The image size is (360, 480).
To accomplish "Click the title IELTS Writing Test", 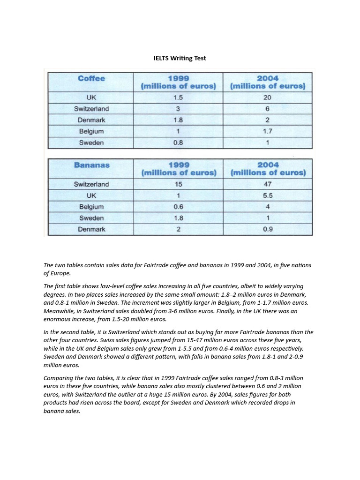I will (x=180, y=58).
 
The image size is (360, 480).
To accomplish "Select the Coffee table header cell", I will (x=91, y=78).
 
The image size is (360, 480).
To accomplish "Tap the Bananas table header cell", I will (x=91, y=165).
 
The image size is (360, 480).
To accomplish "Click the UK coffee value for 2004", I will (x=267, y=97).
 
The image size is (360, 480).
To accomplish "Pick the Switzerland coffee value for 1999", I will (x=178, y=109).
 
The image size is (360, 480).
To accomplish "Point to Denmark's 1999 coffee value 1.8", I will (x=178, y=120).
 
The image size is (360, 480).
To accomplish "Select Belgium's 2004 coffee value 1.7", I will (x=267, y=132).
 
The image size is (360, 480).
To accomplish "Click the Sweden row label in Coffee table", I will (x=91, y=143).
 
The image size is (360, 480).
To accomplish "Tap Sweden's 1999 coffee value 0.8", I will (x=178, y=143).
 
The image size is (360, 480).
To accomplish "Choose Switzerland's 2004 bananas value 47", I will (x=268, y=184).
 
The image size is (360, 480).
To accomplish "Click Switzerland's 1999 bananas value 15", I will (x=178, y=184).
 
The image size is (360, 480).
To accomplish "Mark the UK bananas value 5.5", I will (x=268, y=195).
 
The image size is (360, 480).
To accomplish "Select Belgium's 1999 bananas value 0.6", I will (x=178, y=207).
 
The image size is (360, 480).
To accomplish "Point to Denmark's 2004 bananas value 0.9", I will (x=268, y=229).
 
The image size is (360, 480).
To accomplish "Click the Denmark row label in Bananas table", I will (x=91, y=229).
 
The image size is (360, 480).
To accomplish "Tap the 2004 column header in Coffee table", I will (x=268, y=82).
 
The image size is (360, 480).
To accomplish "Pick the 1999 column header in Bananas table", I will (x=179, y=169).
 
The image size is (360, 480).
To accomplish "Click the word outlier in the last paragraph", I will (x=131, y=395).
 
